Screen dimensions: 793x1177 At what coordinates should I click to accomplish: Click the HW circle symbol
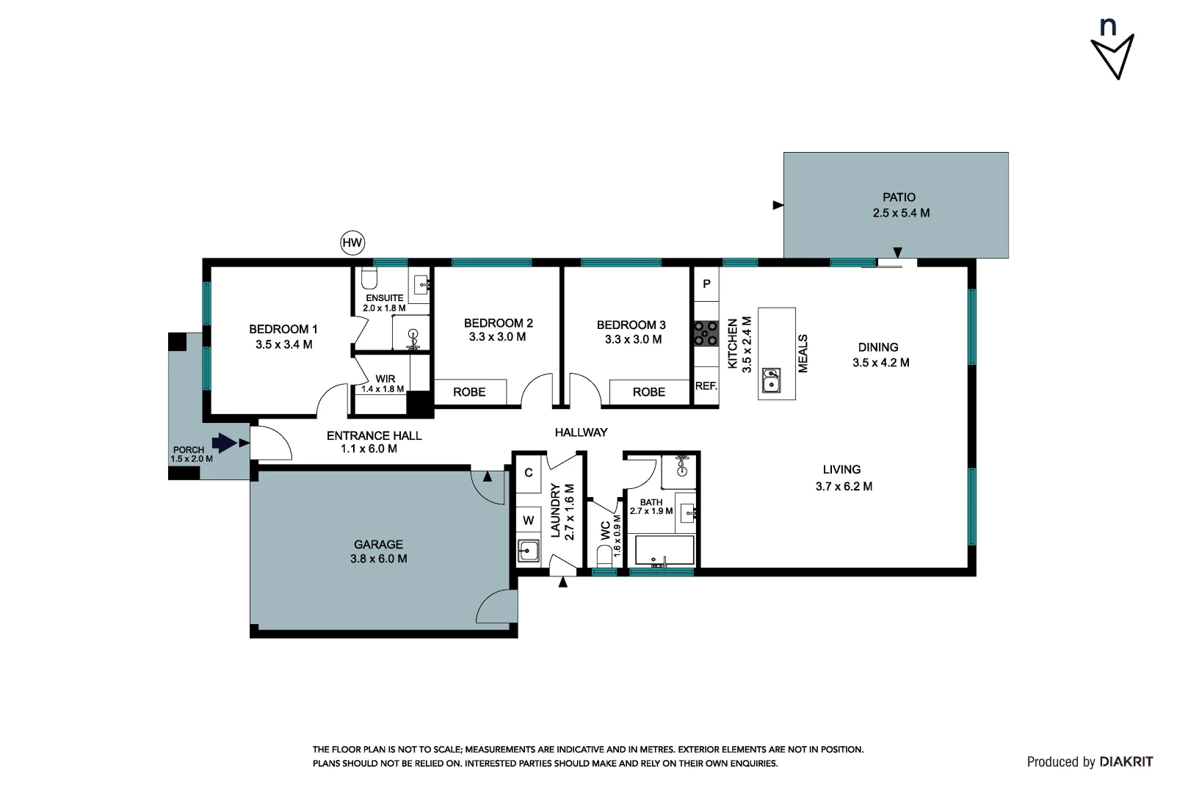click(352, 242)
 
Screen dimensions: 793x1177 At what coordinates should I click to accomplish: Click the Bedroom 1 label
click(283, 329)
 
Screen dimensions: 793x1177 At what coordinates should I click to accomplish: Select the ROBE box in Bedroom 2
click(470, 391)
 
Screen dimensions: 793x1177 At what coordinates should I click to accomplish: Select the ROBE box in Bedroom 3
click(649, 391)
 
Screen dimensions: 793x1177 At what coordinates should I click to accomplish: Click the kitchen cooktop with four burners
click(706, 333)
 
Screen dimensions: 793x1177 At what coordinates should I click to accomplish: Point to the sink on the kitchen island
click(771, 380)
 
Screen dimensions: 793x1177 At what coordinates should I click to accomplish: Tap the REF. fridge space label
click(706, 385)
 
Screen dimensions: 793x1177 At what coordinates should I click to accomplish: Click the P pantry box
click(706, 283)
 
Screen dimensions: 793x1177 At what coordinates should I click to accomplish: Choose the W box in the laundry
click(528, 521)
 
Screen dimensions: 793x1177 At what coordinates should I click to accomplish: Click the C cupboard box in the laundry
click(528, 473)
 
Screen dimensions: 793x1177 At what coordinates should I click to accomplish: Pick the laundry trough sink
click(528, 550)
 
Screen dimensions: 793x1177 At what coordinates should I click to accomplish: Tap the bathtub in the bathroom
click(664, 551)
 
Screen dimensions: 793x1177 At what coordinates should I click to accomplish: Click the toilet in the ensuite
click(369, 279)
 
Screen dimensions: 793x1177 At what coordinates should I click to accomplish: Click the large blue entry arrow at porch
click(224, 442)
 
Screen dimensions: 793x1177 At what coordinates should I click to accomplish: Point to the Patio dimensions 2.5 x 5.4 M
click(901, 213)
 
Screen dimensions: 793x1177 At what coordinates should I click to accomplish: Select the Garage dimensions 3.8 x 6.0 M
click(379, 559)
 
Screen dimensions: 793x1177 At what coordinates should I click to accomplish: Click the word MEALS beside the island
click(803, 353)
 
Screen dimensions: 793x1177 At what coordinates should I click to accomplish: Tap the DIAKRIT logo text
click(1126, 762)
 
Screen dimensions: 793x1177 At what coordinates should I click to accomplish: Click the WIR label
click(385, 379)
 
